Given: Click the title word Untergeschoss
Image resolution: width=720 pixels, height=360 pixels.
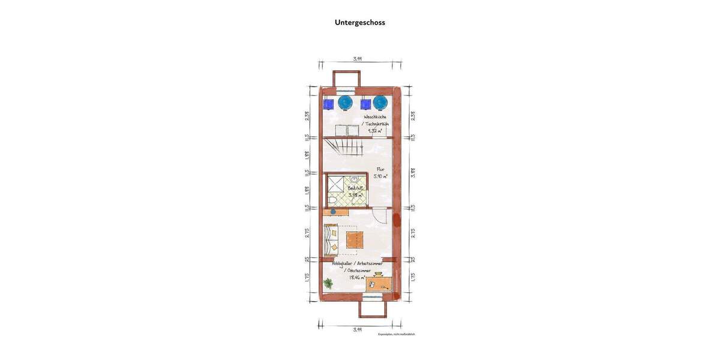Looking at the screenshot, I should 359,23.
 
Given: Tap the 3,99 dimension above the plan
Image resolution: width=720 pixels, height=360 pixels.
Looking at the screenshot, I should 357,59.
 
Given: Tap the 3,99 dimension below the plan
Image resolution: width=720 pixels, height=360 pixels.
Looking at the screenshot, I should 357,329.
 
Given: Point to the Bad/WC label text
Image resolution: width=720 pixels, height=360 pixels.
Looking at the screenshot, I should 355,188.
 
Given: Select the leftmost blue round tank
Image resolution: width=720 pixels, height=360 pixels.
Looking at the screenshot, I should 345,103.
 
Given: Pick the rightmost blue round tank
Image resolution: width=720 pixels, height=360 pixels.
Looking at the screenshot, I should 380,103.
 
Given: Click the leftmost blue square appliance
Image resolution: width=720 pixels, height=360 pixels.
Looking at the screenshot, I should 328,104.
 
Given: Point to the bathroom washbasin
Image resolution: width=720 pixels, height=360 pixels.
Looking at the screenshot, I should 355,179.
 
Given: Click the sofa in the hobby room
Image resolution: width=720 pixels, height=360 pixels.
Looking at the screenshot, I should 330,238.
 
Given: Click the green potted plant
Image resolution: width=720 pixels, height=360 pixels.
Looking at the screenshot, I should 328,283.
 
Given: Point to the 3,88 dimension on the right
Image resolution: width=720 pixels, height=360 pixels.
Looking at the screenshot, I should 413,172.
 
